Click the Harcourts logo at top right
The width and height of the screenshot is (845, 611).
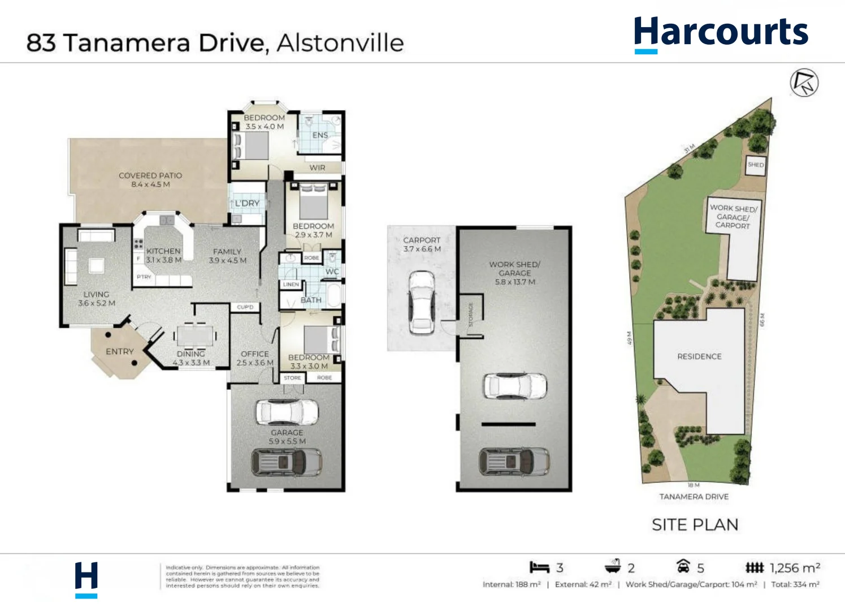pyautogui.click(x=721, y=33)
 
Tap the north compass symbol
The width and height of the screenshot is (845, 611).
pyautogui.click(x=804, y=83)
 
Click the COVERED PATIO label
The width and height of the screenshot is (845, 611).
pyautogui.click(x=150, y=179)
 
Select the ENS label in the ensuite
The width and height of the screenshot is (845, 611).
pyautogui.click(x=320, y=135)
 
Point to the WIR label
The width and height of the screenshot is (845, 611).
pyautogui.click(x=317, y=167)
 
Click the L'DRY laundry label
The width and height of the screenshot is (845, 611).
pyautogui.click(x=248, y=203)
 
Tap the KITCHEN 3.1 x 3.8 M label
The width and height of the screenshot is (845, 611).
pyautogui.click(x=163, y=255)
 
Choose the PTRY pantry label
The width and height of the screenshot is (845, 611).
pyautogui.click(x=144, y=277)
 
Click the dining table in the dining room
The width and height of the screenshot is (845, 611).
pyautogui.click(x=194, y=335)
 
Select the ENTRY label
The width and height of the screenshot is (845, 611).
pyautogui.click(x=120, y=351)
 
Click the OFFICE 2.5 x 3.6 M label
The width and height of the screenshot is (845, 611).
pyautogui.click(x=255, y=358)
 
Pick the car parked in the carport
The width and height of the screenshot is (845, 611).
pyautogui.click(x=421, y=303)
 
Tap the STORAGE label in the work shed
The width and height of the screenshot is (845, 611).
pyautogui.click(x=471, y=314)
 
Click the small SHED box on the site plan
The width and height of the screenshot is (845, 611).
pyautogui.click(x=756, y=165)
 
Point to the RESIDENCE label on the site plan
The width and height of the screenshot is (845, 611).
pyautogui.click(x=699, y=356)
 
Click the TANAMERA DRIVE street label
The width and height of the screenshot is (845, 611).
pyautogui.click(x=694, y=497)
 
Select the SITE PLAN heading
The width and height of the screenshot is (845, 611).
pyautogui.click(x=695, y=525)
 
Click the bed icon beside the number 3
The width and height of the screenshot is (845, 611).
pyautogui.click(x=539, y=567)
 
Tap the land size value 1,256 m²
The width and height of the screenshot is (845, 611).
pyautogui.click(x=794, y=568)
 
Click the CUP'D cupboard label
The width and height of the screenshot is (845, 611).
pyautogui.click(x=245, y=307)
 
